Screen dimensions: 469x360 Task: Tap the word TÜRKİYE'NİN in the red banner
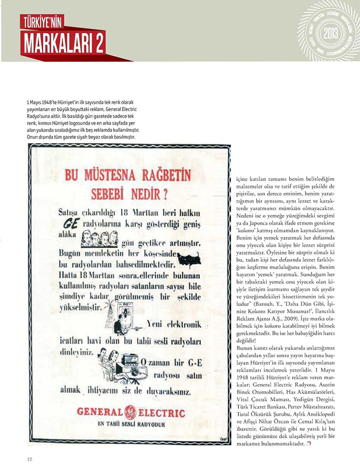pos(42,22)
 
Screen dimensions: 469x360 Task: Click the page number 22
pos(30,459)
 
